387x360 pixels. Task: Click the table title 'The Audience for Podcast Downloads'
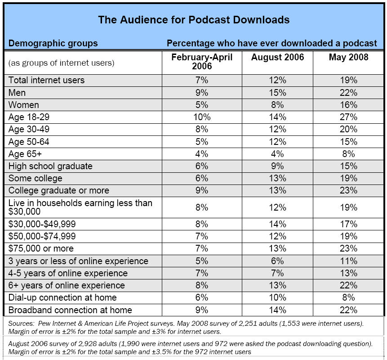pyautogui.click(x=193, y=20)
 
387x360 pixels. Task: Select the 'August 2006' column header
pyautogui.click(x=277, y=57)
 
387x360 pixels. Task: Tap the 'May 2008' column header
pyautogui.click(x=348, y=57)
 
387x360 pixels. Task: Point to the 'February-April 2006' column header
pyautogui.click(x=201, y=62)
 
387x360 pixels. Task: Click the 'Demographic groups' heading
pyautogui.click(x=53, y=44)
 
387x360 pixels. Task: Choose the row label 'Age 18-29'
pyautogui.click(x=30, y=117)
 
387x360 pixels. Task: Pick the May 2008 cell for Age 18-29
pyautogui.click(x=348, y=117)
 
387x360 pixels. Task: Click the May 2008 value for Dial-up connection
pyautogui.click(x=348, y=297)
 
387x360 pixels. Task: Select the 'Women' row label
pyautogui.click(x=24, y=105)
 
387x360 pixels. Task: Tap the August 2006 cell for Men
pyautogui.click(x=277, y=93)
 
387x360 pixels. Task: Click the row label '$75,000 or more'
pyautogui.click(x=41, y=248)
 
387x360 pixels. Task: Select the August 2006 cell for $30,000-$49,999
pyautogui.click(x=277, y=224)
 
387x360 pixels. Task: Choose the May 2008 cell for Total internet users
pyautogui.click(x=348, y=80)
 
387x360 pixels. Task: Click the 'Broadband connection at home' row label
pyautogui.click(x=70, y=310)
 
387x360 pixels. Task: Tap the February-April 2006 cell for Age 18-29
pyautogui.click(x=201, y=117)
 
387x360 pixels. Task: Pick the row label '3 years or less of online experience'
pyautogui.click(x=78, y=261)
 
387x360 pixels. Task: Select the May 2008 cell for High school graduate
pyautogui.click(x=348, y=166)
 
